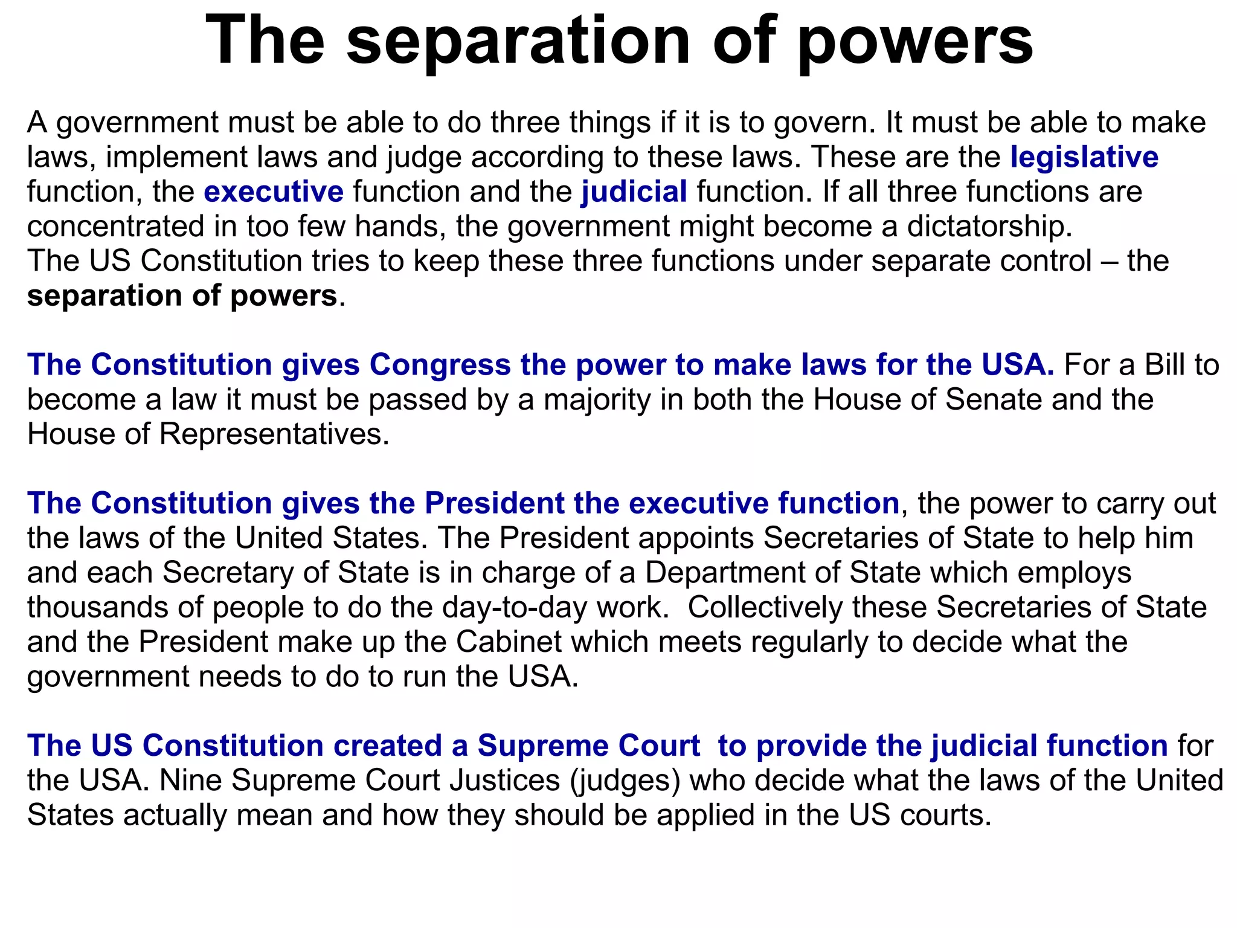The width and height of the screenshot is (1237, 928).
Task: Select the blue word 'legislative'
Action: pyautogui.click(x=1084, y=157)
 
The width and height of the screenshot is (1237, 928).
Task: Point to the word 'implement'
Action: pyautogui.click(x=181, y=157)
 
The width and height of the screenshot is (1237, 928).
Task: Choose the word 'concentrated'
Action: pyautogui.click(x=115, y=227)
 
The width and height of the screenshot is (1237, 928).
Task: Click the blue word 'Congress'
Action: pyautogui.click(x=440, y=365)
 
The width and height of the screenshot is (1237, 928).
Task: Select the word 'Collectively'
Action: pyautogui.click(x=765, y=608)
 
